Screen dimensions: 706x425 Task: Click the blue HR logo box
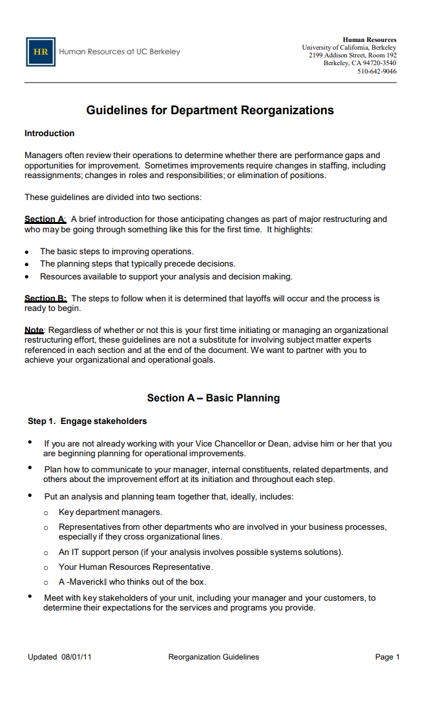pos(40,52)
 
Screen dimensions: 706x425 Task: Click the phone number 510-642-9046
pos(377,72)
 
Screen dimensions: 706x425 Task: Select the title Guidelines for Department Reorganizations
pos(210,110)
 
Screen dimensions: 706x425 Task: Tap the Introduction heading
pos(49,134)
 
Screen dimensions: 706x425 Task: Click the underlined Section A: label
pos(45,219)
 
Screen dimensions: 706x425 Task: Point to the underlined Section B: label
pos(45,299)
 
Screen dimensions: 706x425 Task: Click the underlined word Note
pos(34,330)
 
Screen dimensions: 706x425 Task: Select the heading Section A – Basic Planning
pos(213,398)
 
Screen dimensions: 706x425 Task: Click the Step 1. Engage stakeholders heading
pos(87,421)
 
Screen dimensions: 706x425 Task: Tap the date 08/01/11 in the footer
pos(76,657)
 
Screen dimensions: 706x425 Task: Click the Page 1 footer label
pos(388,657)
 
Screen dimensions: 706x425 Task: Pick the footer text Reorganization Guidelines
pos(213,657)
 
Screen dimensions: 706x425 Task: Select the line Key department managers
pos(110,512)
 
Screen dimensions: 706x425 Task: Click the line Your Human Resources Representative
pos(135,567)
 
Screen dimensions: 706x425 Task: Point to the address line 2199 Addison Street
pos(352,55)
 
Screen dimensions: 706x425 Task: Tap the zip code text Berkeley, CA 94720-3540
pos(360,63)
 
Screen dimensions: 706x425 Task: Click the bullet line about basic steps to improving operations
pos(116,252)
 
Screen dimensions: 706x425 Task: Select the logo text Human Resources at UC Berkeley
pos(119,52)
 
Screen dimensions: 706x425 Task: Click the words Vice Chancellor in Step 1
pos(222,444)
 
